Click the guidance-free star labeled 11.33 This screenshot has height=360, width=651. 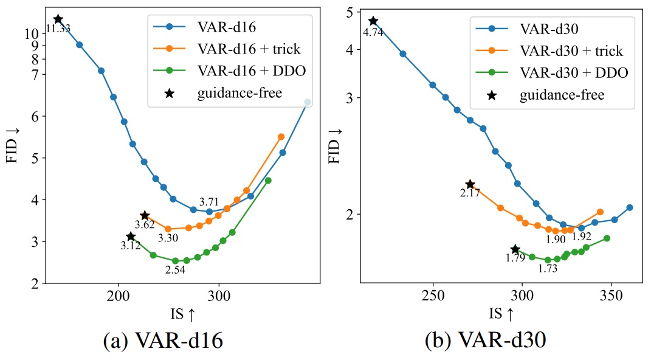(58, 19)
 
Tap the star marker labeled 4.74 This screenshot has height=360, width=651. (373, 21)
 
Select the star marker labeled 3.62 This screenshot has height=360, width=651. (145, 215)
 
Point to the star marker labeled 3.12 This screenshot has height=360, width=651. (131, 236)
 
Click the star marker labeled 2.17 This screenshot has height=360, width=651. (470, 184)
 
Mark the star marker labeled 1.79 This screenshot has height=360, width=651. (515, 249)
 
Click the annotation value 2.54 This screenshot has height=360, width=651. (175, 269)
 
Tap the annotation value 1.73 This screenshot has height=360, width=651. (548, 268)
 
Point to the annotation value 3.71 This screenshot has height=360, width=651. (208, 201)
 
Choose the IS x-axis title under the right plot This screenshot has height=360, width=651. (501, 314)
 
